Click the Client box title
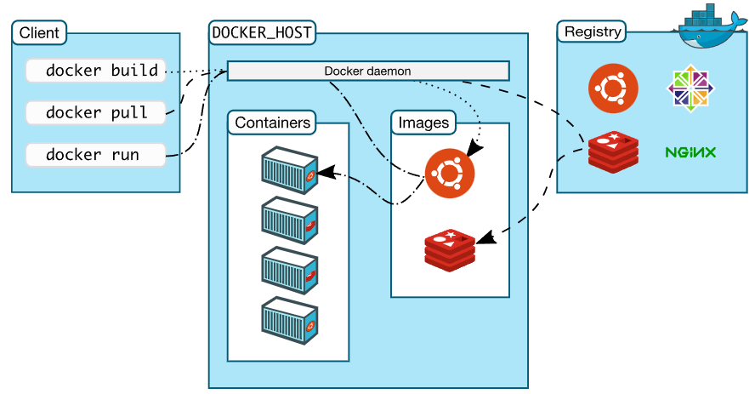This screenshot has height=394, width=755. coord(39,33)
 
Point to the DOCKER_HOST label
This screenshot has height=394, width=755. coord(261,33)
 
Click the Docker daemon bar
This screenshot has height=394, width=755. coord(367,71)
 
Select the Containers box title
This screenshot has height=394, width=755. coord(272,123)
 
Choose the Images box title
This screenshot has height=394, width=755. coord(423,123)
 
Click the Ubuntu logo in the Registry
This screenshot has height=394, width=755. coord(613,89)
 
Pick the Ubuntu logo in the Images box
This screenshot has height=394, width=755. coord(450,172)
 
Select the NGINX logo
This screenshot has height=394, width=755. coord(690,153)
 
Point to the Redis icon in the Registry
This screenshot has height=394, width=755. coord(613,151)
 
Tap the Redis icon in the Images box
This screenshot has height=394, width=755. coord(450,248)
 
